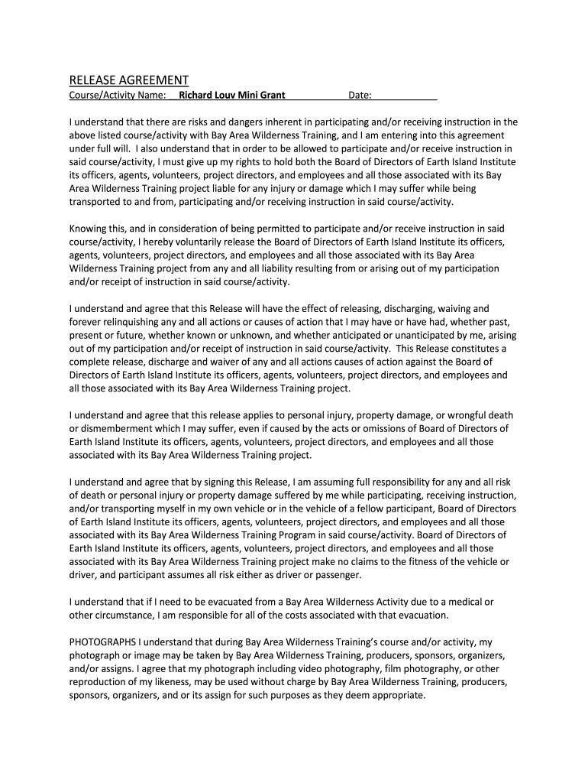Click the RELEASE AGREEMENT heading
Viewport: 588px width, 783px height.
point(129,80)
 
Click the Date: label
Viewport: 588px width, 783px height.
point(360,96)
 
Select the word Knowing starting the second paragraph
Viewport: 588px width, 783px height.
point(89,229)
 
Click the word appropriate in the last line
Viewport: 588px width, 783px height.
point(398,694)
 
